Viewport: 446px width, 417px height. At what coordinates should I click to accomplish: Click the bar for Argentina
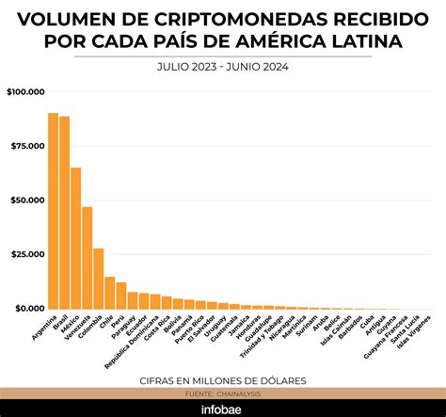[54, 211]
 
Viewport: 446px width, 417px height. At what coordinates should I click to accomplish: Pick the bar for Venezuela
[88, 258]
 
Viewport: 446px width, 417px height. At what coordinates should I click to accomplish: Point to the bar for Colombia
[99, 279]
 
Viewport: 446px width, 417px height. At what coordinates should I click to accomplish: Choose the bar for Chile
[110, 293]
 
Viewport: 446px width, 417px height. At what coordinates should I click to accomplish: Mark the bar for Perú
[121, 296]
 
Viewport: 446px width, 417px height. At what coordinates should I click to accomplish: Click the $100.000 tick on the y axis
[25, 92]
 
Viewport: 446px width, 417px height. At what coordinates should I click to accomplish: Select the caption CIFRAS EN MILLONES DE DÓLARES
[223, 379]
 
